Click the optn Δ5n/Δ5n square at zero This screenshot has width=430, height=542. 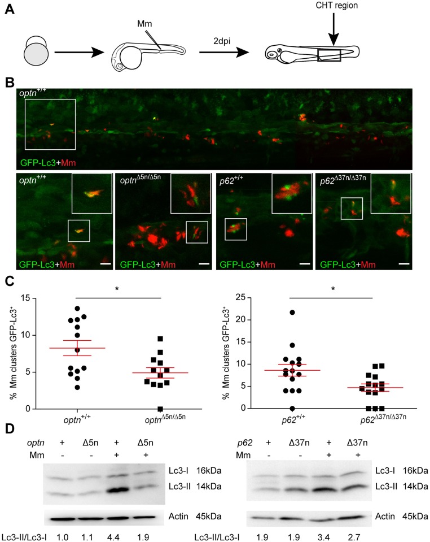click(x=161, y=409)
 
